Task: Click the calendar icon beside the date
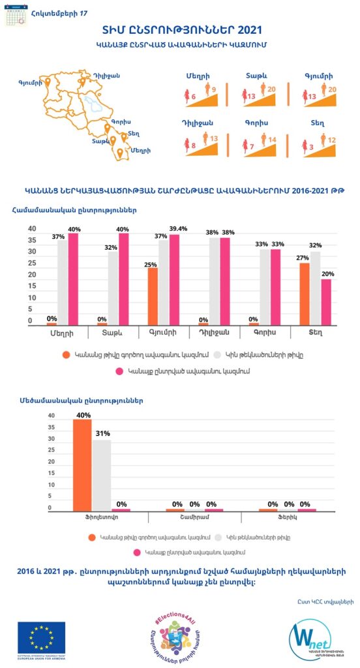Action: (x=16, y=14)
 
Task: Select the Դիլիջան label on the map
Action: (x=106, y=76)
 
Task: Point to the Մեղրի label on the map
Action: (x=140, y=151)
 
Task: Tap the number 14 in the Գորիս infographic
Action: (x=272, y=139)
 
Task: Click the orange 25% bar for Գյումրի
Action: (x=151, y=296)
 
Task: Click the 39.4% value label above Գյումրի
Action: (x=177, y=229)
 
